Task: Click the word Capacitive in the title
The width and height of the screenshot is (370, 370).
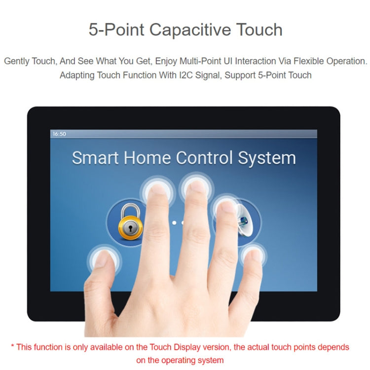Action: click(190, 30)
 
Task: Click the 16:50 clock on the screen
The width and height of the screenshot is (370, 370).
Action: click(59, 134)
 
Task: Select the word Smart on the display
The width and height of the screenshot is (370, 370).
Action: click(96, 158)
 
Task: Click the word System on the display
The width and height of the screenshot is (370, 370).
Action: click(267, 158)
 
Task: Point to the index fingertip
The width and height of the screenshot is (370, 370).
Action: click(158, 189)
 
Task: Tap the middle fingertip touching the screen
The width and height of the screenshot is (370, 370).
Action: click(197, 186)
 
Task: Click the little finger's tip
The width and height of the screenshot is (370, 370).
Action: click(254, 255)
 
